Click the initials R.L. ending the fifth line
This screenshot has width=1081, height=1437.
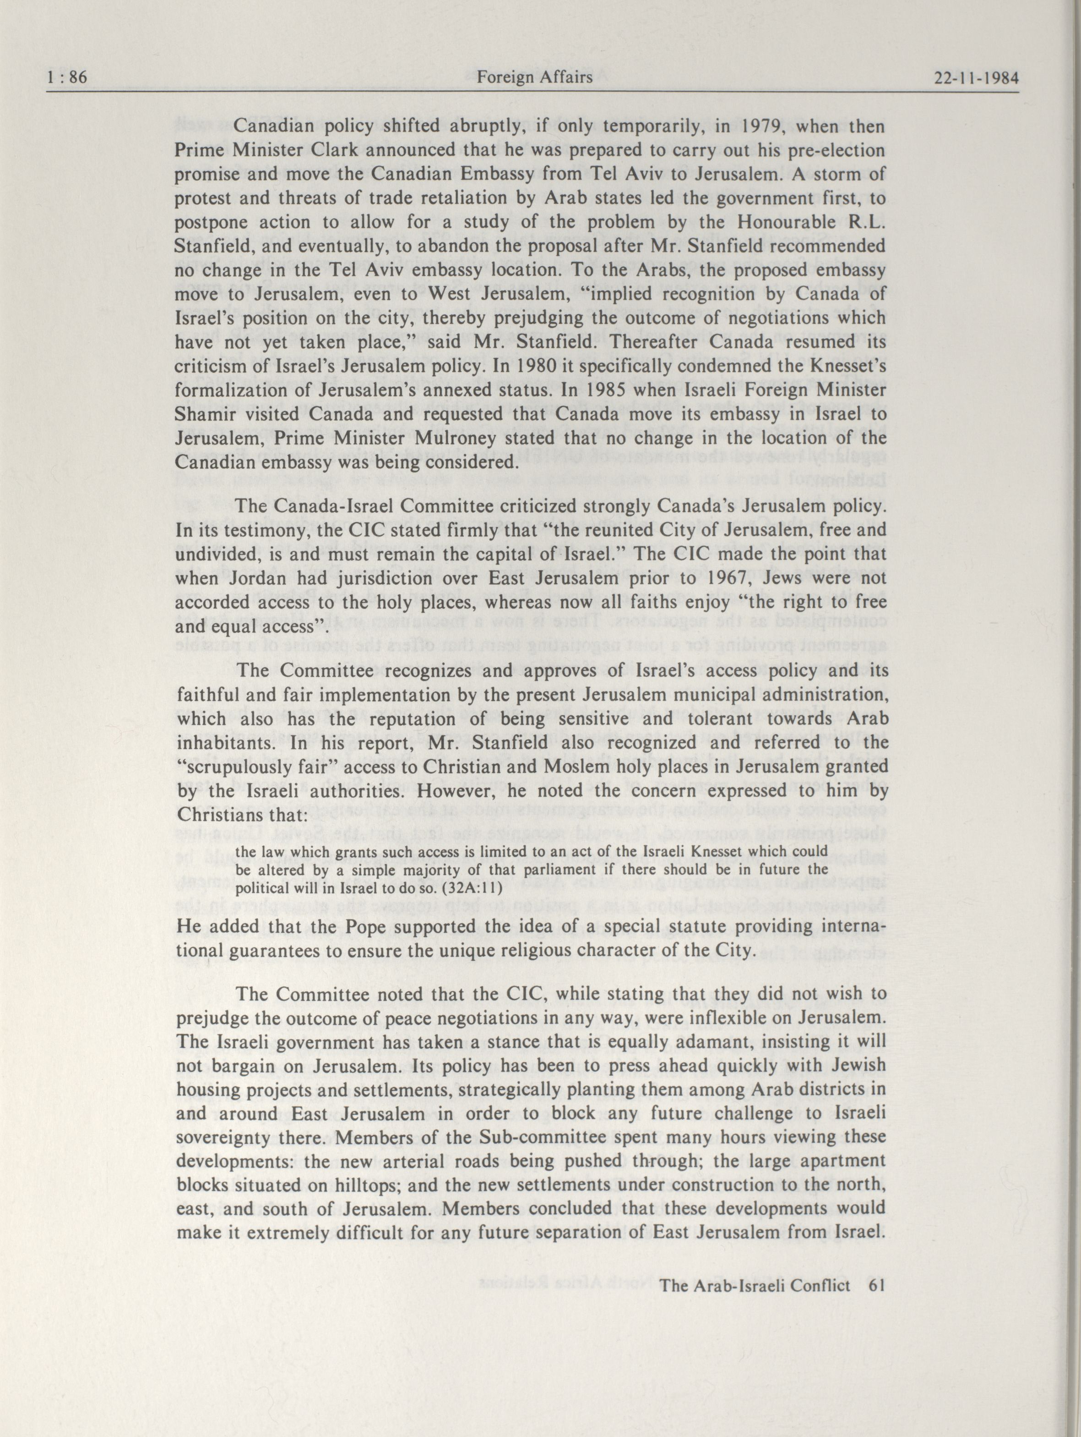(x=866, y=223)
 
